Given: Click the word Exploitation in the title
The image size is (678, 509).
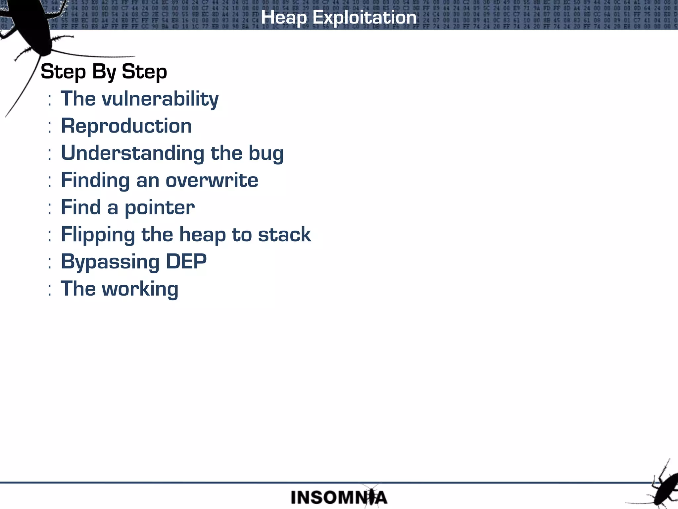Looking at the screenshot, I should click(364, 17).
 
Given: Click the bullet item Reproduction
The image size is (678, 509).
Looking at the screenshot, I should click(126, 126).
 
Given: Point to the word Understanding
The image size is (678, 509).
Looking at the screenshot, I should click(132, 153).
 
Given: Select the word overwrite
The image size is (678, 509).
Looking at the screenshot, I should click(212, 181).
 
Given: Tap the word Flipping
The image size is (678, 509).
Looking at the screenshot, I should click(98, 235).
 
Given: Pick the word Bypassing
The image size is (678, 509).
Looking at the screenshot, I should click(110, 262).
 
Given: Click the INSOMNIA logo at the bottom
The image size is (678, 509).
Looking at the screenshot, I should click(338, 497).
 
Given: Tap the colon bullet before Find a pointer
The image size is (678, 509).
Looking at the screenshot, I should click(49, 208).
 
